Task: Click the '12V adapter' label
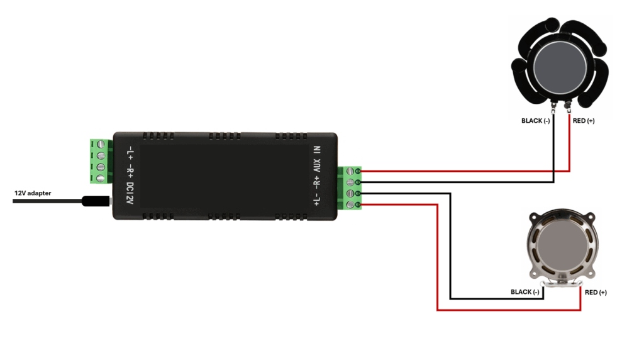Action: click(x=33, y=193)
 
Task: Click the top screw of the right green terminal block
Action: click(x=358, y=171)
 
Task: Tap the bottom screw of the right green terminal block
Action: click(x=358, y=205)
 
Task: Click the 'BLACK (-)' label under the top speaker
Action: click(x=536, y=121)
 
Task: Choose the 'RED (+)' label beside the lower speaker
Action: click(x=596, y=292)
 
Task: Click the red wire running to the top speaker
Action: click(x=465, y=171)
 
